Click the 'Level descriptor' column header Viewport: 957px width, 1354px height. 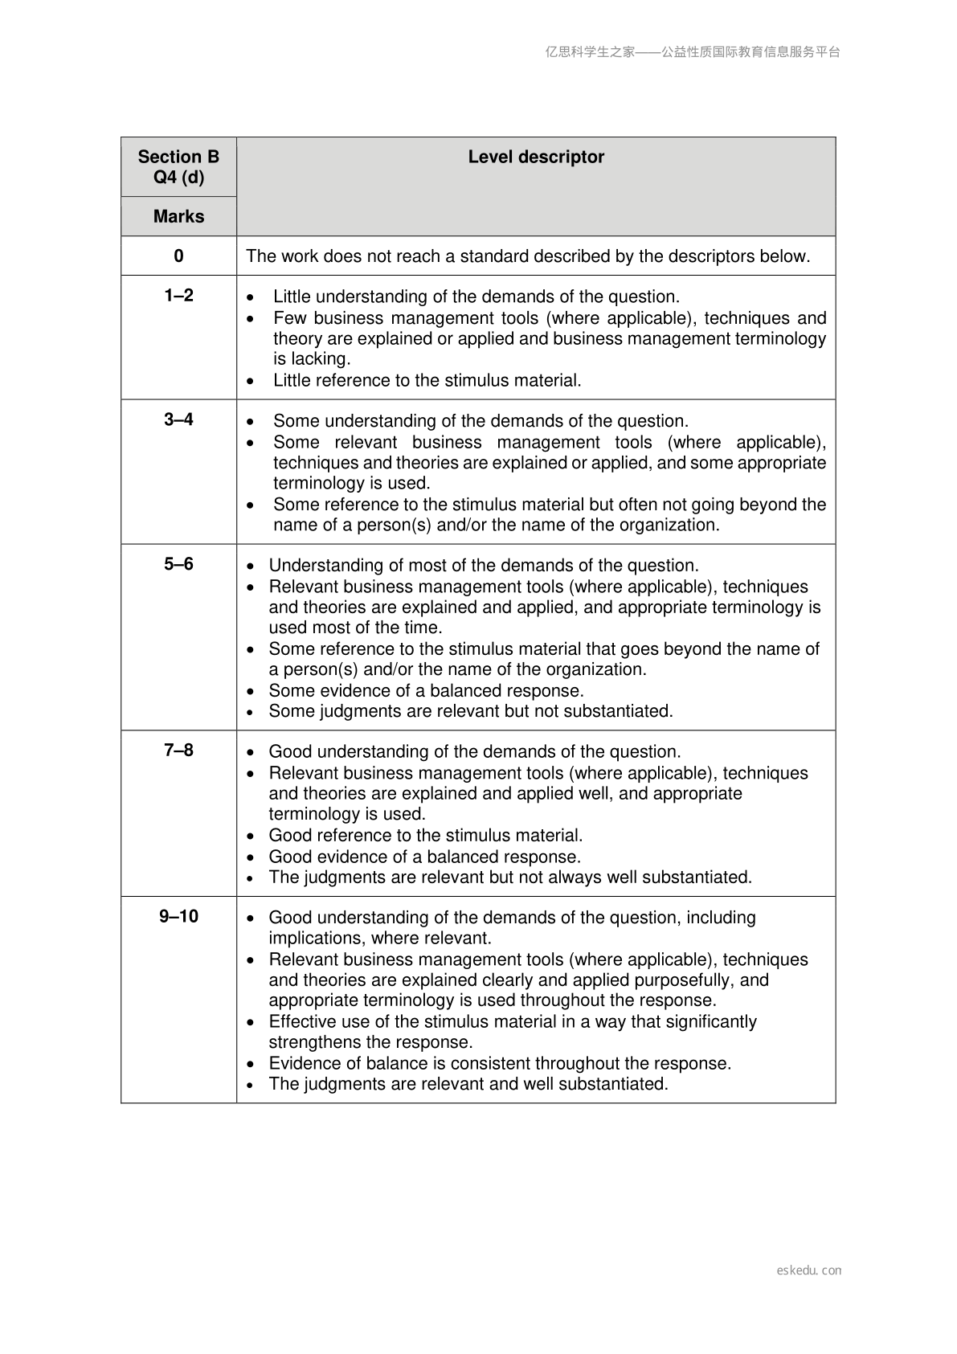(536, 157)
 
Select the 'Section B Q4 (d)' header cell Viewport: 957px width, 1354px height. (178, 167)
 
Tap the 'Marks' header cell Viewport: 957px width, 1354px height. (178, 217)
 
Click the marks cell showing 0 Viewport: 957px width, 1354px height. (178, 256)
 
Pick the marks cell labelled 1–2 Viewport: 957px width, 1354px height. (178, 296)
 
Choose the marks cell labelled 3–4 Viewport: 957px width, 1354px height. (178, 419)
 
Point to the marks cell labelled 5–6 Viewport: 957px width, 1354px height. (178, 564)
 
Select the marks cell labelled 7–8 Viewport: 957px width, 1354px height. (178, 751)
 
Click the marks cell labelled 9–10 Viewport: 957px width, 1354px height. (178, 917)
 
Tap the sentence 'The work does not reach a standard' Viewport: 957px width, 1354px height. (528, 256)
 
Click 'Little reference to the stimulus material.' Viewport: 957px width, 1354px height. (427, 381)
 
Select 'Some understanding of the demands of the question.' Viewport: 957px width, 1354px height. (481, 421)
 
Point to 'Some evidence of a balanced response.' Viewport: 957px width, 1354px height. (426, 691)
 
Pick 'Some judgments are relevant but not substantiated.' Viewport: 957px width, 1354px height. (471, 711)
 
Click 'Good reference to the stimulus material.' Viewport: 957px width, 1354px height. (426, 836)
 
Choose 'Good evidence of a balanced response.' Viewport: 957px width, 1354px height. (424, 857)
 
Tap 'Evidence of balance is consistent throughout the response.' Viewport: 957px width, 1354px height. (500, 1064)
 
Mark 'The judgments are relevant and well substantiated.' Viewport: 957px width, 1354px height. (468, 1084)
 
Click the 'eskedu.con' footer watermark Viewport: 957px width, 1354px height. (809, 1270)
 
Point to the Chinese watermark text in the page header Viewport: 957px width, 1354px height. (693, 52)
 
